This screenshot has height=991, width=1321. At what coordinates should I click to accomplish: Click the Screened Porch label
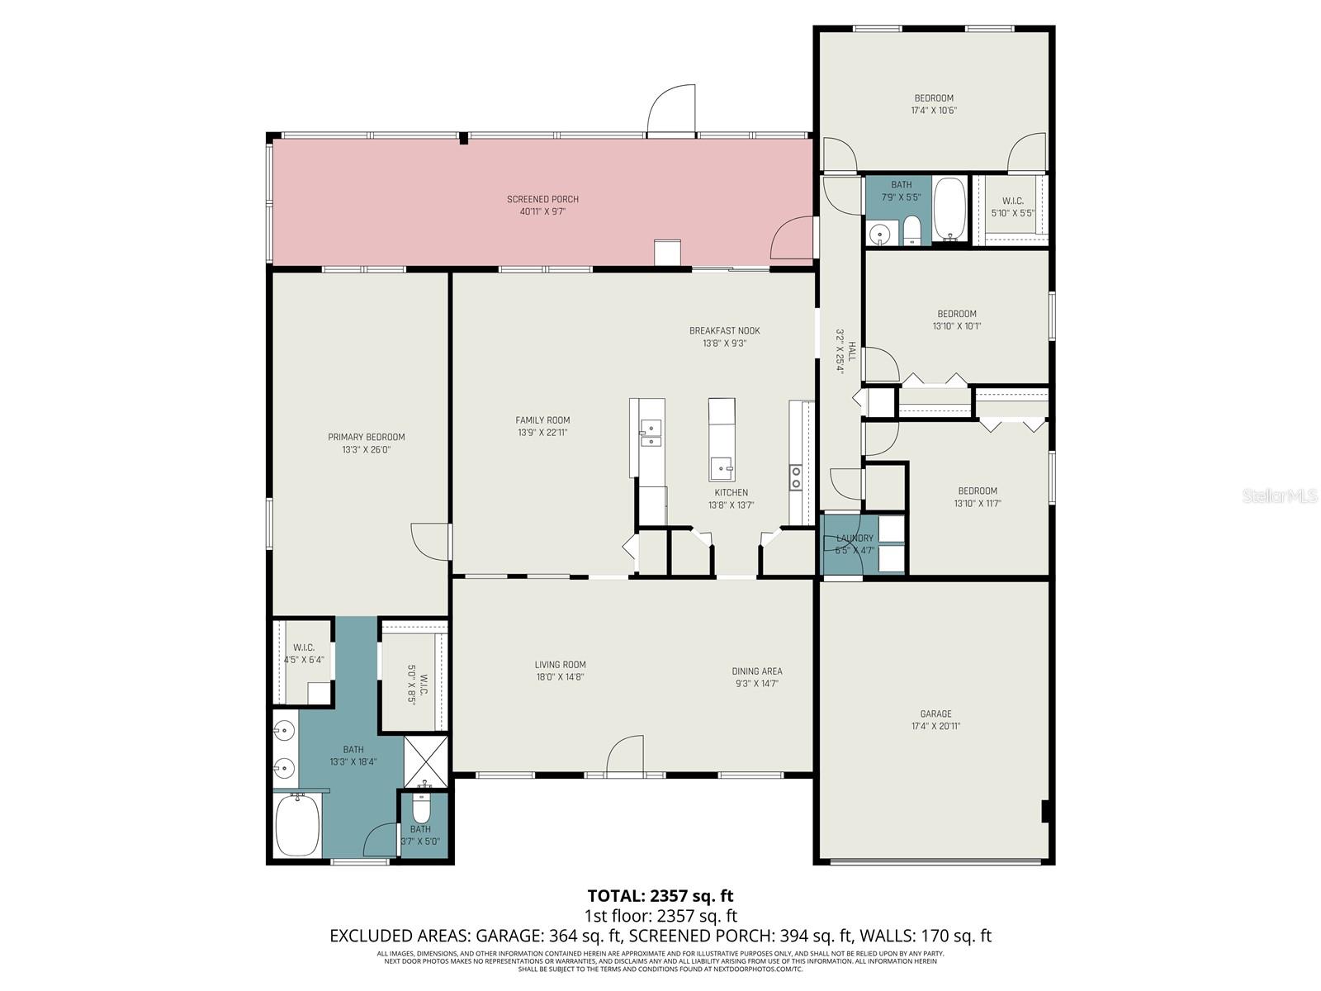[542, 199]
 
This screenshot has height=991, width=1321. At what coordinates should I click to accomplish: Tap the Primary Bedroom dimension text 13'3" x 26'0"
[366, 450]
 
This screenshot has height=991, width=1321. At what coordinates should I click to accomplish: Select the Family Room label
[542, 420]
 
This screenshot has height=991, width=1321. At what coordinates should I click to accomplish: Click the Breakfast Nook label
[724, 330]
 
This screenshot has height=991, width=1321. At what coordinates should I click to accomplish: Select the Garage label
[935, 714]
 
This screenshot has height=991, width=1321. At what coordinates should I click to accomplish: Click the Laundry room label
[854, 538]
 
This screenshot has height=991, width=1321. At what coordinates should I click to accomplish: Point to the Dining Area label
[756, 671]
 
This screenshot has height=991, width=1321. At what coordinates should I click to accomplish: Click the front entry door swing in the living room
[625, 756]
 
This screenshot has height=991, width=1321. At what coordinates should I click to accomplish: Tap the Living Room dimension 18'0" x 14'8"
[560, 677]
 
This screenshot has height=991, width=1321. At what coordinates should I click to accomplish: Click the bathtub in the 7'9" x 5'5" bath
[949, 210]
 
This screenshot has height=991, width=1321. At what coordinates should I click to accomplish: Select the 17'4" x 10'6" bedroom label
[933, 98]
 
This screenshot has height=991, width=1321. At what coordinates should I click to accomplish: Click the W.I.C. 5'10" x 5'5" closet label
[1012, 201]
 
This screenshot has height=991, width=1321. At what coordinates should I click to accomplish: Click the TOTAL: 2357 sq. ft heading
[660, 895]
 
